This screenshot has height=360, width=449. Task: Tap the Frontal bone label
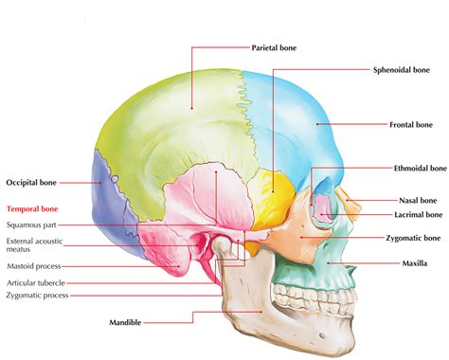point(410,124)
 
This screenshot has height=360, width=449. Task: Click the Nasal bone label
point(417,200)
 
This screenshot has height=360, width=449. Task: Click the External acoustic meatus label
point(30,246)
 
